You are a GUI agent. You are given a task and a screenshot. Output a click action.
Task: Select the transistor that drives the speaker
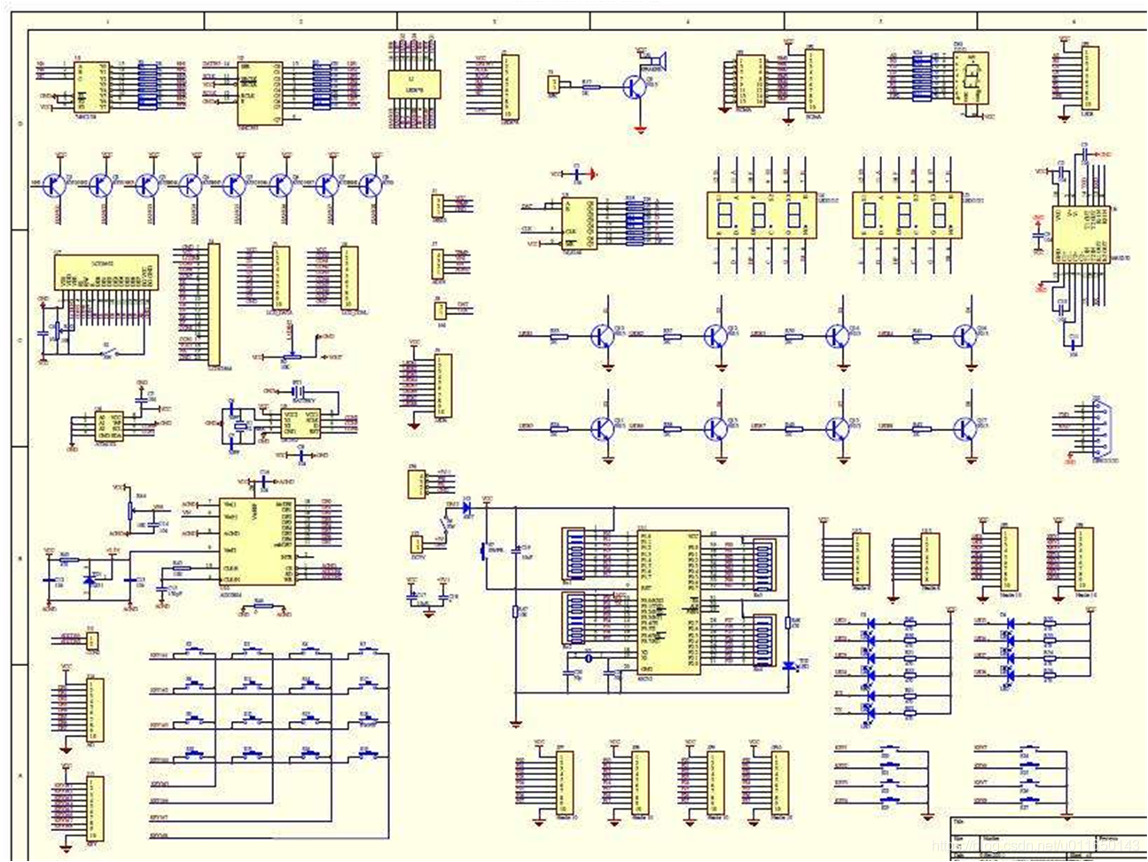click(x=635, y=87)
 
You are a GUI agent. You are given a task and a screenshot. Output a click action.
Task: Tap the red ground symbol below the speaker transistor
click(x=640, y=129)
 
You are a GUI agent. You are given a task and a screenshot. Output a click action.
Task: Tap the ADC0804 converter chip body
click(x=257, y=541)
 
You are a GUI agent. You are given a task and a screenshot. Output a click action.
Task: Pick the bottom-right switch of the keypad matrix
click(x=367, y=756)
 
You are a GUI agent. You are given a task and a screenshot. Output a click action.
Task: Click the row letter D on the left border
click(x=20, y=123)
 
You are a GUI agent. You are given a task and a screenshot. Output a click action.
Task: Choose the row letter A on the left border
click(x=20, y=774)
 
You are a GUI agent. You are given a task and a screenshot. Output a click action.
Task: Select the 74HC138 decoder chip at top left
click(x=91, y=87)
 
